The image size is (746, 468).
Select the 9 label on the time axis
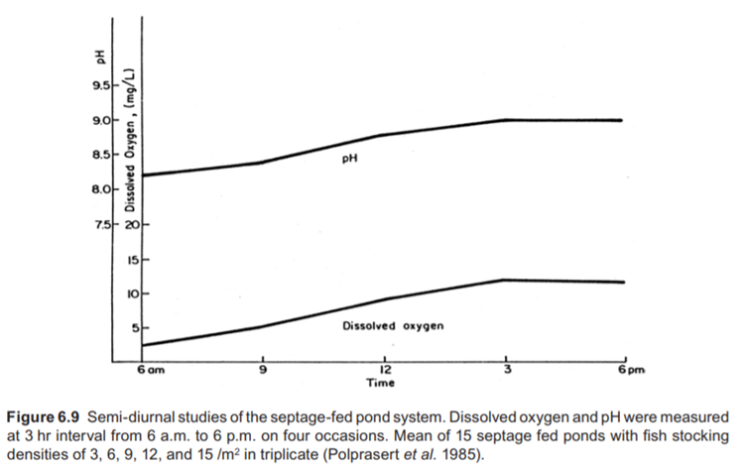[x=263, y=369]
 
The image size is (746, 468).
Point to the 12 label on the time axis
[x=385, y=369]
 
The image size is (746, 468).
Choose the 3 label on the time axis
[x=506, y=369]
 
